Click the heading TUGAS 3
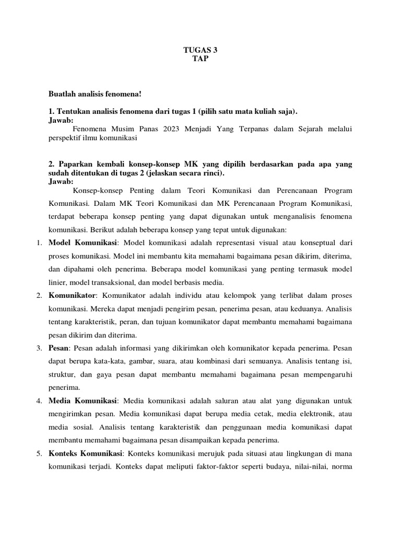point(200,50)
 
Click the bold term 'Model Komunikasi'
point(84,243)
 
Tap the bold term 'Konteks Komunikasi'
point(86,452)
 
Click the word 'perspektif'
point(65,138)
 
